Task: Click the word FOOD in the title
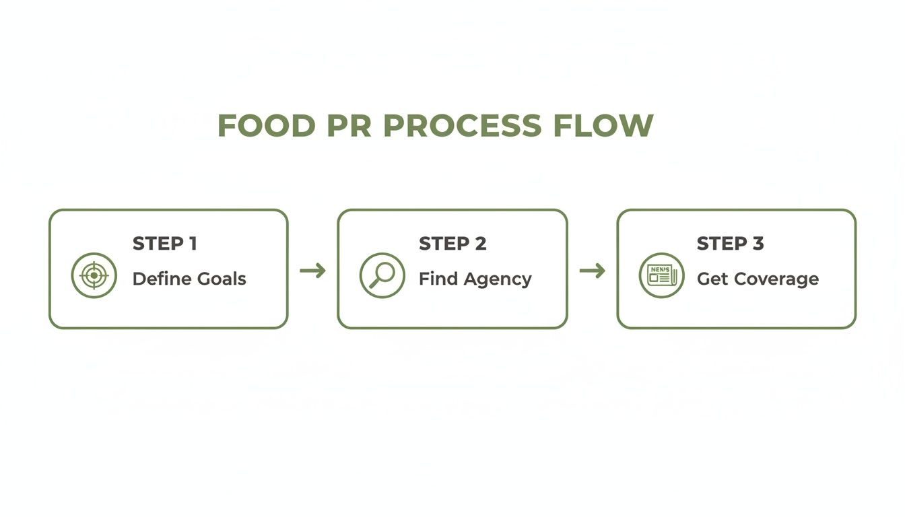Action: [x=266, y=126]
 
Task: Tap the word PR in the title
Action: [x=349, y=126]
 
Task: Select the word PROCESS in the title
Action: [x=463, y=126]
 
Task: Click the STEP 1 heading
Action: [x=164, y=244]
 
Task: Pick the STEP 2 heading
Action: [x=452, y=244]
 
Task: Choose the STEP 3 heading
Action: [x=730, y=244]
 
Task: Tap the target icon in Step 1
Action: [x=94, y=275]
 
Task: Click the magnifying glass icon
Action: [x=382, y=275]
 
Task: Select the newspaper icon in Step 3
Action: [x=661, y=275]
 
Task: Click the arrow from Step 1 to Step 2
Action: [x=312, y=271]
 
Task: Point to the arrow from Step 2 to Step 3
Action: [x=592, y=271]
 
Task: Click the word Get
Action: [x=712, y=279]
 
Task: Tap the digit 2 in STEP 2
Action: [x=480, y=244]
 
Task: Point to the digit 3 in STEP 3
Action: [x=758, y=244]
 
